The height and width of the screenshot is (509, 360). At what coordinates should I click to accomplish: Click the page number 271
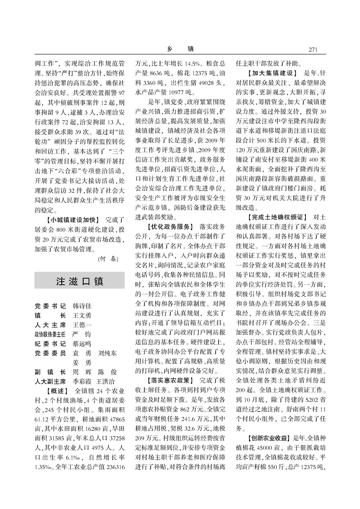pyautogui.click(x=315, y=49)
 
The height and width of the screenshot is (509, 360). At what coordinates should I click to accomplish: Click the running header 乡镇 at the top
pyautogui.click(x=180, y=49)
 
